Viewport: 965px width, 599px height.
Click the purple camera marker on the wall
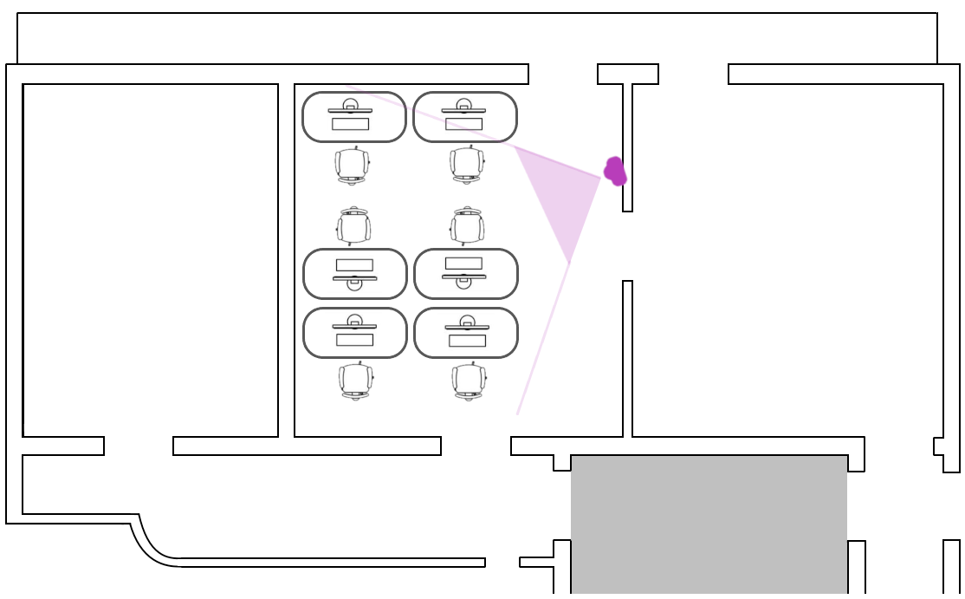[x=615, y=172]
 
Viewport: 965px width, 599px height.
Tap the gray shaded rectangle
[x=709, y=524]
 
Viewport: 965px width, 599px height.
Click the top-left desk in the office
[x=354, y=117]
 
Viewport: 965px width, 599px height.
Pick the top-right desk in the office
[x=465, y=117]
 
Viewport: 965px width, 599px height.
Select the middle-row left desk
[x=355, y=274]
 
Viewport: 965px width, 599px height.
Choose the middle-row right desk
[x=466, y=274]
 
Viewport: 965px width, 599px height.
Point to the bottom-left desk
[x=355, y=333]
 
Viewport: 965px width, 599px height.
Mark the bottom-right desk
[x=466, y=333]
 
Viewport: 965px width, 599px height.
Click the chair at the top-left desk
[x=352, y=165]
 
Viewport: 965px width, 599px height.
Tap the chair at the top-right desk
[x=467, y=165]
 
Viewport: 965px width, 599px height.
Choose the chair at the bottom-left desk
[x=355, y=381]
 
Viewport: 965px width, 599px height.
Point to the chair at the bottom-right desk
[x=469, y=381]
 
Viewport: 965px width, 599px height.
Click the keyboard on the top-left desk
[x=350, y=124]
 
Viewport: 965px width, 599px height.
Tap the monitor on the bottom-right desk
[x=467, y=327]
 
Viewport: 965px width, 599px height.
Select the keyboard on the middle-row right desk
[x=463, y=263]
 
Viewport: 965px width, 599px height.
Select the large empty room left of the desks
[x=150, y=260]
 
